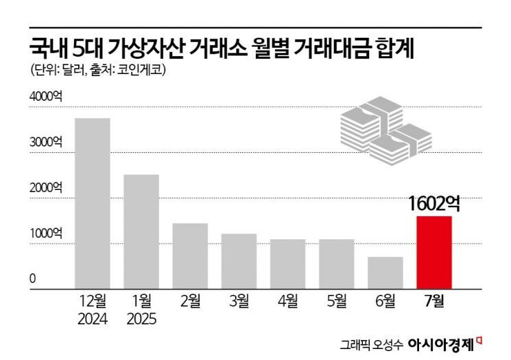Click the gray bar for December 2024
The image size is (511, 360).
92,203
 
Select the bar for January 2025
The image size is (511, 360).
141,231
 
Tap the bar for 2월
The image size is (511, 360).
190,255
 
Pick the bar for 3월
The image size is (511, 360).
239,261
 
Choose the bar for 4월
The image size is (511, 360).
287,263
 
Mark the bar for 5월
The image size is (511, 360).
336,263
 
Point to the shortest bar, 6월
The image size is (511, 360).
385,272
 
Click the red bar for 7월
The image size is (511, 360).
434,252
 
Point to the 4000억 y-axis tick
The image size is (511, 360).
45,97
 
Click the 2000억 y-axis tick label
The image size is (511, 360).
45,188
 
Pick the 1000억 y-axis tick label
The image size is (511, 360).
45,233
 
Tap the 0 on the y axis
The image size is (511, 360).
32,278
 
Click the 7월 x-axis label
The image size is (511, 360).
434,300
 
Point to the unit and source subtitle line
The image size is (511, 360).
98,69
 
